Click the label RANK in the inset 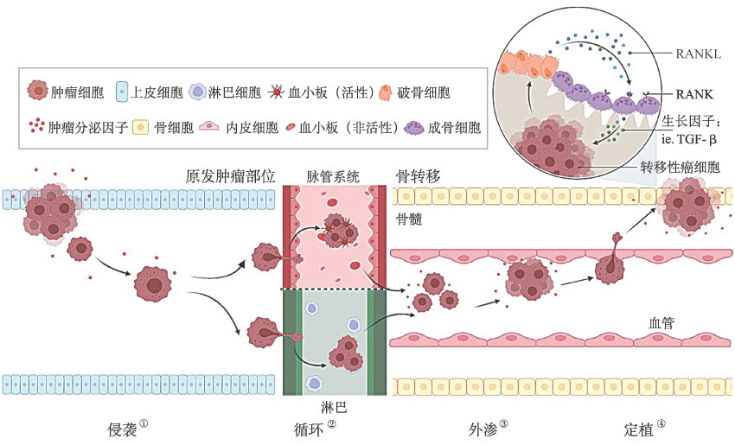click(697, 92)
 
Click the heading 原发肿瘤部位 click(230, 176)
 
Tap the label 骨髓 click(409, 218)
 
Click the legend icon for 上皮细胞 click(122, 91)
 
